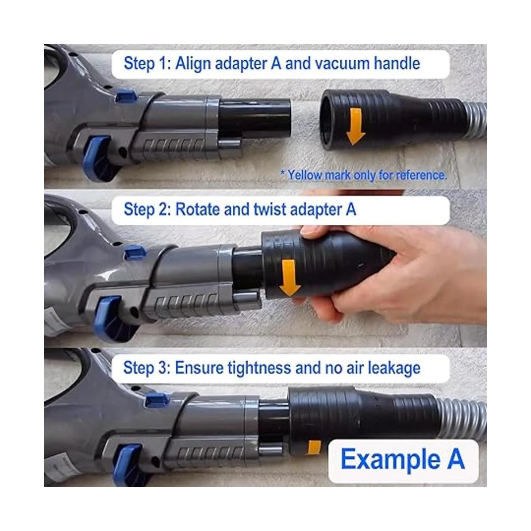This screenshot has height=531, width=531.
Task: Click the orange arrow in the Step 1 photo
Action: (355, 127)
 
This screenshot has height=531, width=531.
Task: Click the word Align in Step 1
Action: (192, 64)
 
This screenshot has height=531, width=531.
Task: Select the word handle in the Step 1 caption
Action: (397, 63)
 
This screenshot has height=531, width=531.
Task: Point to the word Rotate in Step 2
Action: (197, 210)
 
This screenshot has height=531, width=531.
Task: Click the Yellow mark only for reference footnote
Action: (363, 175)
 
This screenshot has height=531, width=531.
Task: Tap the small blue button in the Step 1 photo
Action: (126, 96)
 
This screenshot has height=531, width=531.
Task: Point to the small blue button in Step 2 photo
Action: (135, 252)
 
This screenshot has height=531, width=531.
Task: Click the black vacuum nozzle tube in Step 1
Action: (254, 118)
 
